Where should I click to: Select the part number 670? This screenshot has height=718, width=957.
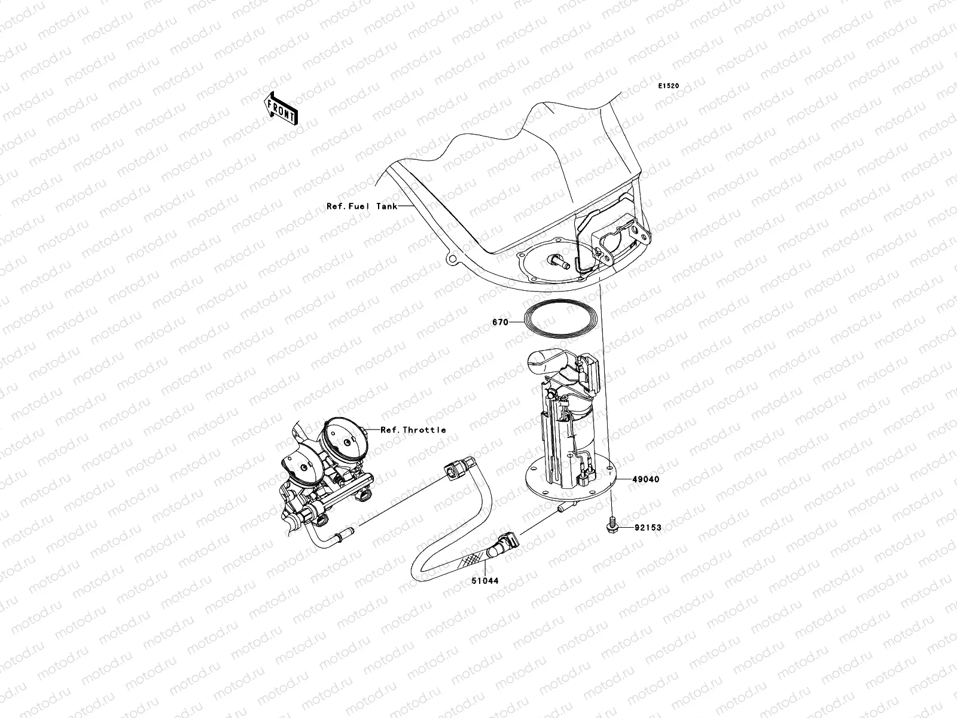(500, 322)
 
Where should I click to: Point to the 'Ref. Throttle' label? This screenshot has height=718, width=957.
(413, 430)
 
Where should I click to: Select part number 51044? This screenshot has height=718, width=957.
(485, 580)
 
